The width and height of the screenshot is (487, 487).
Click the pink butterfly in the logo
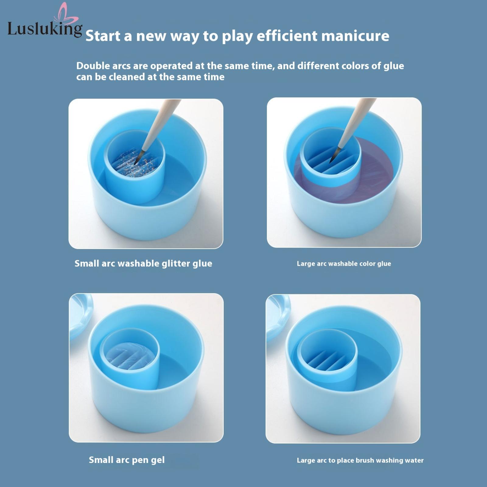coord(65,14)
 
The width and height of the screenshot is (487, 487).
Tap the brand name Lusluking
coord(45,29)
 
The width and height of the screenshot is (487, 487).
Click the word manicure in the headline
coord(355,36)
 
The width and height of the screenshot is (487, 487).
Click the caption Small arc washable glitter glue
coord(143,264)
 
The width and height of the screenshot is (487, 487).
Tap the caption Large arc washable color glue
coord(344,264)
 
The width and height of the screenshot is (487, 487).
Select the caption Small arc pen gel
coord(127,460)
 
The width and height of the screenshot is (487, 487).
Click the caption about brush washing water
coord(360,460)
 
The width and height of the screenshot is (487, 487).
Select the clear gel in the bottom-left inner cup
coord(131,356)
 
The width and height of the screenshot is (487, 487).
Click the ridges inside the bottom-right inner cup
coord(327,361)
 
